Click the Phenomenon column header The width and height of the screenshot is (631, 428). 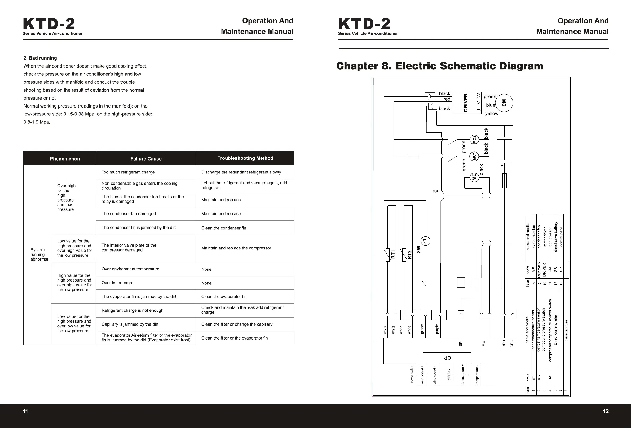(x=65, y=159)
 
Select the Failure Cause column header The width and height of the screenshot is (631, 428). (x=146, y=159)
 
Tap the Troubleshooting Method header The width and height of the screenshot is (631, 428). (x=245, y=158)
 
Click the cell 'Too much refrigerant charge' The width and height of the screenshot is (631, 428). (x=128, y=172)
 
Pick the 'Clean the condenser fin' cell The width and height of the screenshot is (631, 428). (x=223, y=228)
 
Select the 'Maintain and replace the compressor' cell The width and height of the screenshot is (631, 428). (x=236, y=248)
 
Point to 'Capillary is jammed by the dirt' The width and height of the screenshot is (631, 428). (x=130, y=324)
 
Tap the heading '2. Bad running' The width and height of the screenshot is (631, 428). (x=40, y=58)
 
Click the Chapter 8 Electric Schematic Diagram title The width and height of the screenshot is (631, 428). (x=440, y=66)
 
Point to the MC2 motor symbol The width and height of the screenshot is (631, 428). (x=474, y=140)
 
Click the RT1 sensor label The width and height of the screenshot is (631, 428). (x=392, y=254)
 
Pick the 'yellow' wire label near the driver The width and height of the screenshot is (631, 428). (x=492, y=113)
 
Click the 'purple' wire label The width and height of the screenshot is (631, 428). (x=437, y=329)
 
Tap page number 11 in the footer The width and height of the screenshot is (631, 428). (x=25, y=411)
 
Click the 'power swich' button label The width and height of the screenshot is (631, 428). (x=412, y=374)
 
